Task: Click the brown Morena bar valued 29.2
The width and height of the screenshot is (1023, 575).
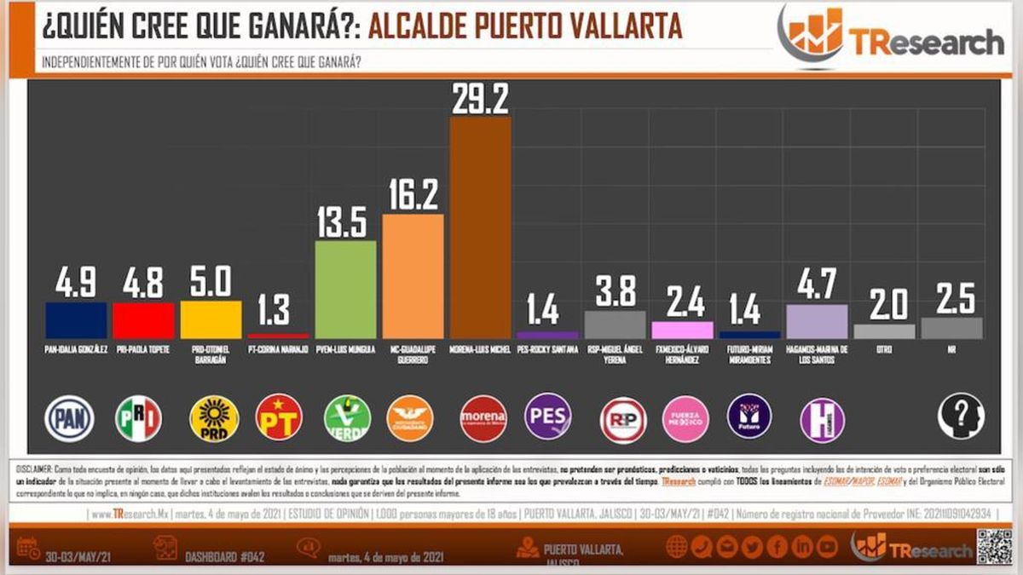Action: pyautogui.click(x=480, y=227)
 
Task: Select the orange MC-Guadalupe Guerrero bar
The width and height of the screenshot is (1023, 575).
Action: pyautogui.click(x=413, y=276)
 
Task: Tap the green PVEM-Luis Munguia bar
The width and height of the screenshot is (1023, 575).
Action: pyautogui.click(x=345, y=290)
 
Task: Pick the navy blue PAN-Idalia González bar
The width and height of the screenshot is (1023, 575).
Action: pyautogui.click(x=76, y=320)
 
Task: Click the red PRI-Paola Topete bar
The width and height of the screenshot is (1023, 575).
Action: pyautogui.click(x=143, y=320)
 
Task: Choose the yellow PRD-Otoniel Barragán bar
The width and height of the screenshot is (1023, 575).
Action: pyautogui.click(x=211, y=320)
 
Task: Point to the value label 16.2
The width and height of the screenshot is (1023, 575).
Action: pyautogui.click(x=413, y=196)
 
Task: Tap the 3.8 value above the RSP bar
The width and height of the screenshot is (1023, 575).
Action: pyautogui.click(x=615, y=292)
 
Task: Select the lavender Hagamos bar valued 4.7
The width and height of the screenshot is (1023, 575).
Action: pyautogui.click(x=817, y=321)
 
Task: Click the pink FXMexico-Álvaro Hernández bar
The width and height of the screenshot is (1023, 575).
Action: pyautogui.click(x=682, y=330)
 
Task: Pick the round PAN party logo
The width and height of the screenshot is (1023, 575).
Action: pyautogui.click(x=69, y=418)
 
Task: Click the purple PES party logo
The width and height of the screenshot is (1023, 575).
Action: pyautogui.click(x=547, y=417)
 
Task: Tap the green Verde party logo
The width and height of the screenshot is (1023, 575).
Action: pyautogui.click(x=347, y=418)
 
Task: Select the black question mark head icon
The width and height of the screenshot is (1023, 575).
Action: pyautogui.click(x=961, y=417)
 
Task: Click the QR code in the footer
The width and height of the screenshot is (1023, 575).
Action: pyautogui.click(x=994, y=546)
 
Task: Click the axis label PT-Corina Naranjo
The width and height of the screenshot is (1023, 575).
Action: pyautogui.click(x=278, y=350)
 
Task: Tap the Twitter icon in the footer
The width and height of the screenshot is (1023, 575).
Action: pyautogui.click(x=751, y=547)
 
